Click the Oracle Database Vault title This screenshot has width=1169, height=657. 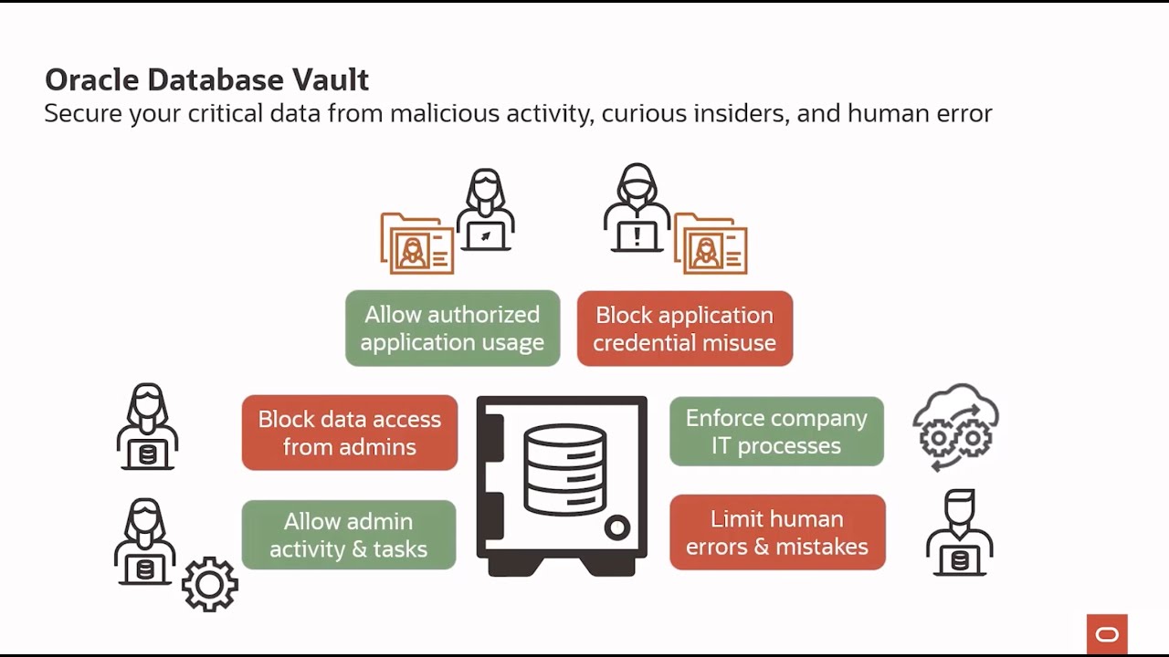coord(206,80)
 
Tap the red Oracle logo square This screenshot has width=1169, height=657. coord(1107,634)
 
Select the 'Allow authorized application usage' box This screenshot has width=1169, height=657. coord(452,328)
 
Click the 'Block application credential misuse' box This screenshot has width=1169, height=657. coord(684,328)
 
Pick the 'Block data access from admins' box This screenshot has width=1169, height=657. coord(349,433)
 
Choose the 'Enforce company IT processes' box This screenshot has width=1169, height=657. coord(776,432)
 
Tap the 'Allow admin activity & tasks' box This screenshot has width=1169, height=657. coord(348,535)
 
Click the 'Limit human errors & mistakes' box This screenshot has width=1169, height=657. coord(777,533)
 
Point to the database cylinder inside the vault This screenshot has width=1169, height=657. coord(564,471)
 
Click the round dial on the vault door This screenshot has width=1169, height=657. coord(617,527)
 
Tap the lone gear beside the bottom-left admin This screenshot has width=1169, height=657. coord(210,584)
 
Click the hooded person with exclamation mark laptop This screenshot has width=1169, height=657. coord(637,209)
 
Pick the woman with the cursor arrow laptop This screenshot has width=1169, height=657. coord(485,211)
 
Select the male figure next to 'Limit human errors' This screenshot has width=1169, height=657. coord(959,534)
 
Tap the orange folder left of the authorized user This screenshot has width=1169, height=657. coord(416,245)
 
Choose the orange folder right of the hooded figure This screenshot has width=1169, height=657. coord(711,245)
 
